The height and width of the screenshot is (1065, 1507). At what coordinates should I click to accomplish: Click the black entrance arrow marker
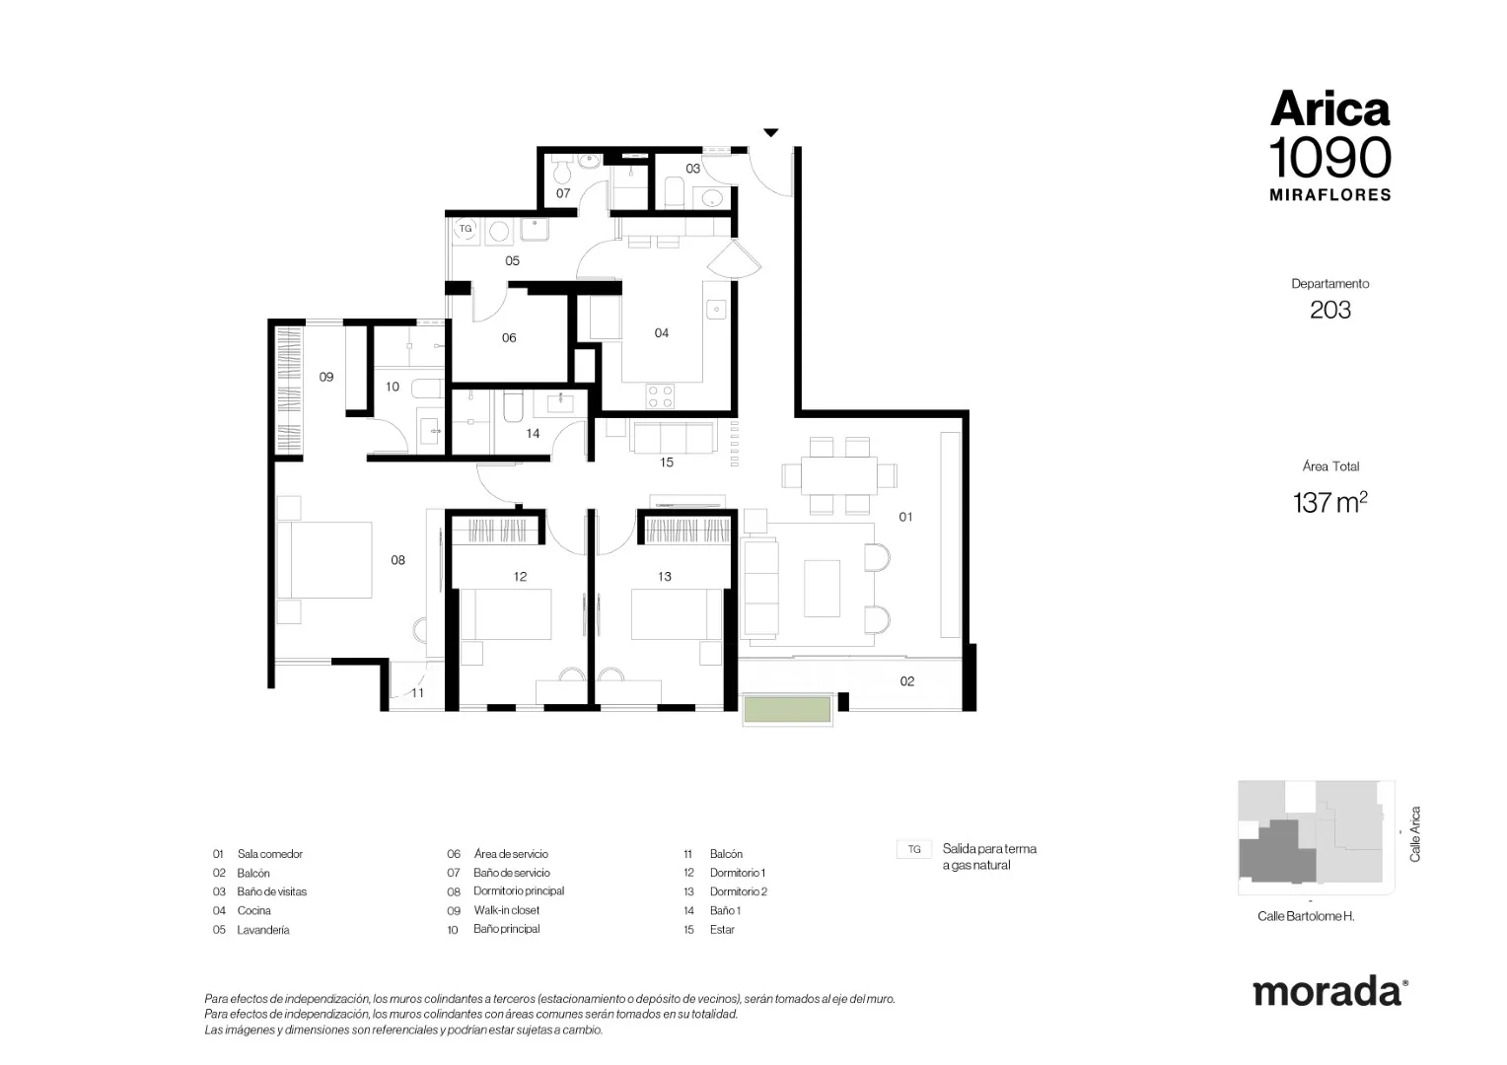click(x=771, y=132)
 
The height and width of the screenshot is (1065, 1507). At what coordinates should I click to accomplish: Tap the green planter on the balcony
click(x=787, y=709)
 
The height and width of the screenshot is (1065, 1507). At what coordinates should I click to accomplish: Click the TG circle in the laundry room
click(x=465, y=229)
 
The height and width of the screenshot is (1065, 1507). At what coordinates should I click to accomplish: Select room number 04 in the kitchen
click(x=662, y=333)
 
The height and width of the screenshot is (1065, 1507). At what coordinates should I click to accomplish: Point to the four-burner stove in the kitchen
click(x=660, y=395)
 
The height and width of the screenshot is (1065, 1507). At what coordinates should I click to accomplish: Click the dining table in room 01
click(x=839, y=475)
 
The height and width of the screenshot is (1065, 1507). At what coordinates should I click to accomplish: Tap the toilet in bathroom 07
click(x=561, y=173)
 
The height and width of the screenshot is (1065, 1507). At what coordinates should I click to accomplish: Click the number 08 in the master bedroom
click(x=397, y=560)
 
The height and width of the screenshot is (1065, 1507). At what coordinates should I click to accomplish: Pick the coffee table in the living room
click(x=822, y=588)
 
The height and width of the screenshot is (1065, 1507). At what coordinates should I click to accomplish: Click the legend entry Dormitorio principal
click(x=519, y=890)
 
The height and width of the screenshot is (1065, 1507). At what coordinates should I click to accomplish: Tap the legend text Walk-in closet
click(x=507, y=909)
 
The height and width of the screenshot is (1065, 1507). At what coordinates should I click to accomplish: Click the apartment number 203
click(x=1330, y=310)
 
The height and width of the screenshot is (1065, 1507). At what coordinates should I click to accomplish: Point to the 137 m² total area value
click(x=1330, y=502)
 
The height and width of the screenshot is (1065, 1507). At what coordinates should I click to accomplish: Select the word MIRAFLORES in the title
click(x=1330, y=195)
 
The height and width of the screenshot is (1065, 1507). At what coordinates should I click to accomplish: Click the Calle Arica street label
click(x=1415, y=834)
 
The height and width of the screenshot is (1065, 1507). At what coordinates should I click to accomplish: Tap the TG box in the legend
click(x=913, y=849)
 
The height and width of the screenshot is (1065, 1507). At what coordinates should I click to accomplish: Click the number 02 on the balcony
click(x=907, y=681)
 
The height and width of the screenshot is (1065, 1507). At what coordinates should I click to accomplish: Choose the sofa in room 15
click(x=672, y=437)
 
